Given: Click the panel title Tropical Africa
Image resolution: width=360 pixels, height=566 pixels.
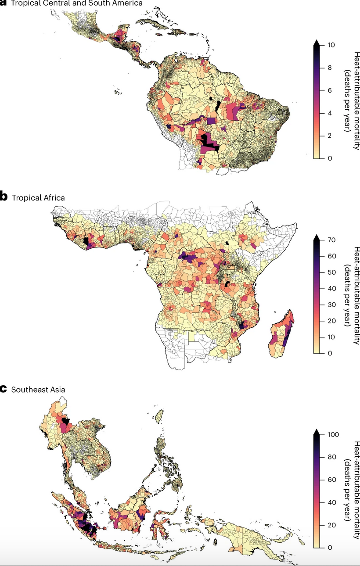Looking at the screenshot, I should [38, 198].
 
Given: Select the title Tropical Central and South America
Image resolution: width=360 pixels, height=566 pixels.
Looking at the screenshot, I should [76, 3].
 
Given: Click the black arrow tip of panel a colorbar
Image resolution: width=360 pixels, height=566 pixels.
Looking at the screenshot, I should [316, 42].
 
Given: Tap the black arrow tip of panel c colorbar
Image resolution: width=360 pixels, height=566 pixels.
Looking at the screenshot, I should [316, 432].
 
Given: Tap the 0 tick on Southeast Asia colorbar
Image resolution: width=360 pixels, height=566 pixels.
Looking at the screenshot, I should [328, 548].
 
